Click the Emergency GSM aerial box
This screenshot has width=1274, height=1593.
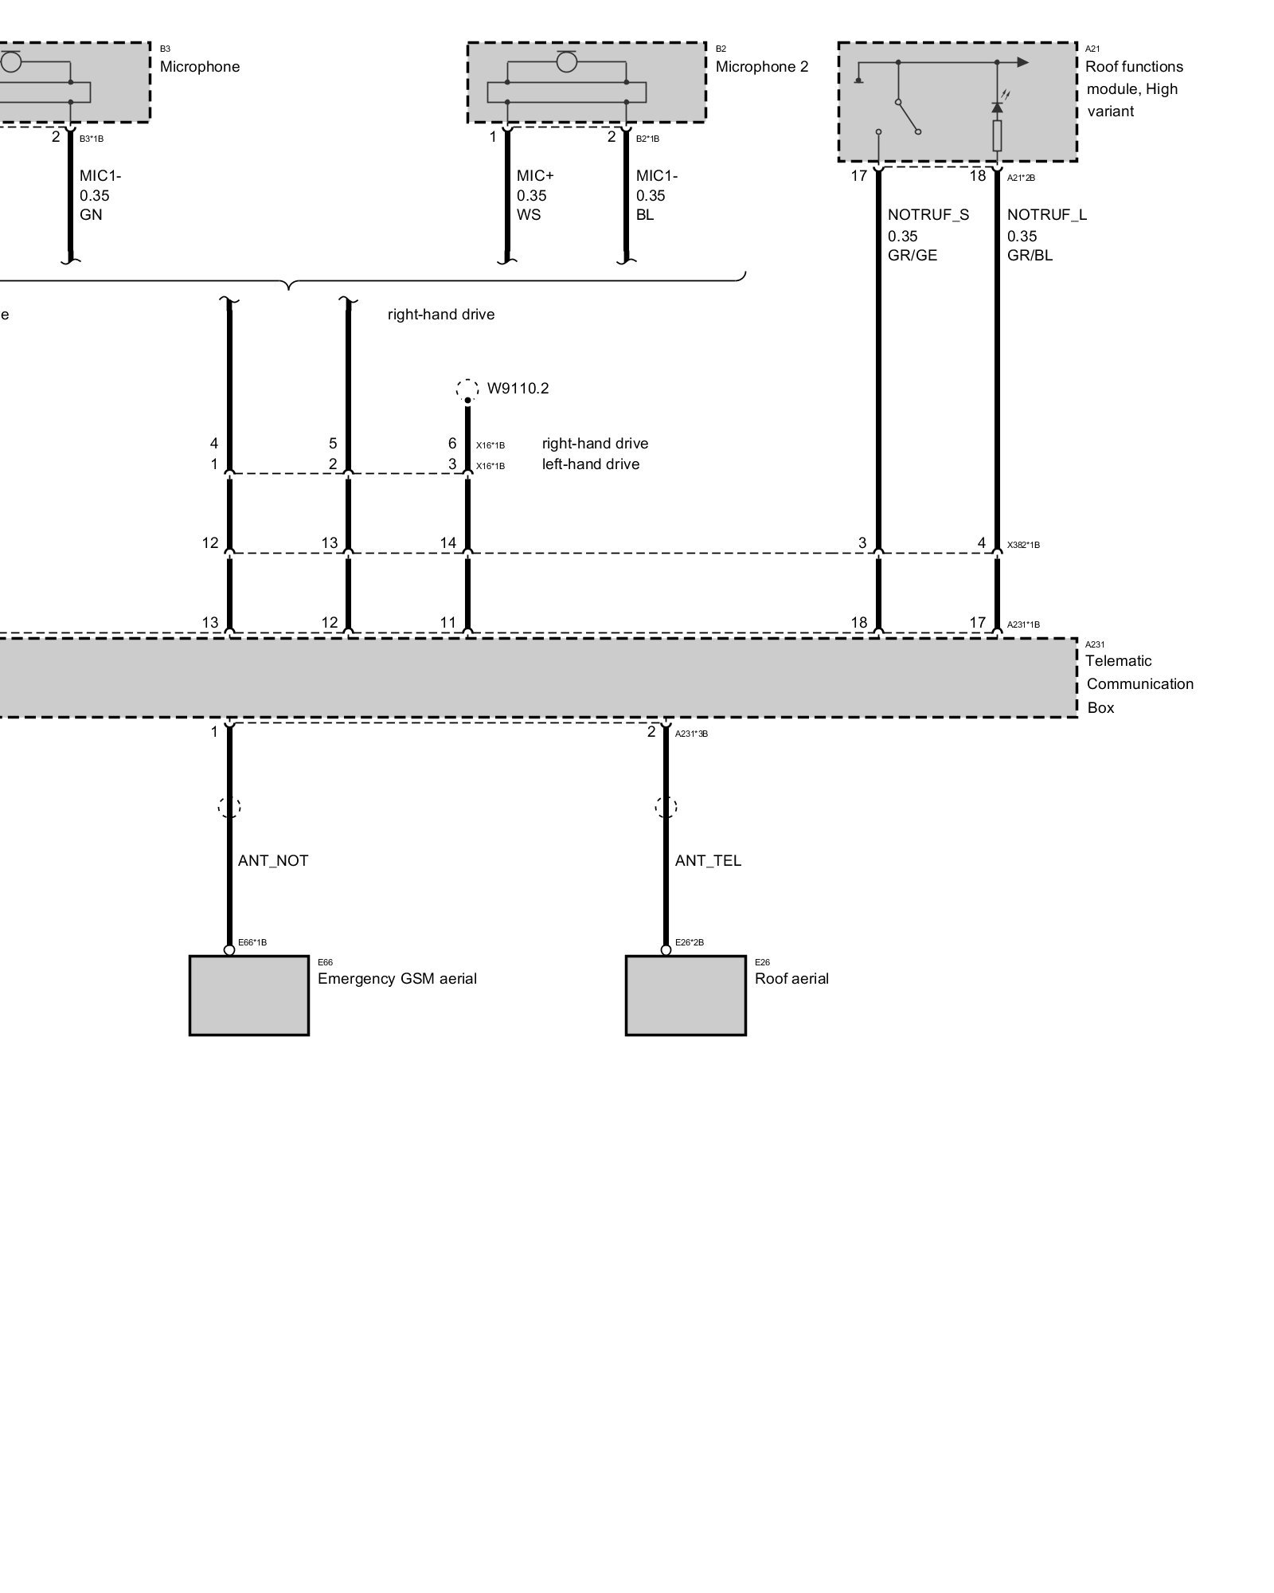248,995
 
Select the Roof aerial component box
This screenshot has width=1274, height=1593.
686,995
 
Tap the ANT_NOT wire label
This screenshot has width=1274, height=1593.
273,860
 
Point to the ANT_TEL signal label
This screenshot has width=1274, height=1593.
708,860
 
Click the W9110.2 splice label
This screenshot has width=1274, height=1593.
518,389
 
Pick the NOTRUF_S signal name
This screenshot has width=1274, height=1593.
928,214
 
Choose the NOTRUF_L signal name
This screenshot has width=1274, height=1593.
1046,214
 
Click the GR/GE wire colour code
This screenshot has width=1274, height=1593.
913,256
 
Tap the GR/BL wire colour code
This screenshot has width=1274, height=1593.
1030,256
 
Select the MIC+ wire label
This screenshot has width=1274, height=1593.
534,175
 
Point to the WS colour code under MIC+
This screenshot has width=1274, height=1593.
529,215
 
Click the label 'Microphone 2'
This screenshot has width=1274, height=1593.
761,67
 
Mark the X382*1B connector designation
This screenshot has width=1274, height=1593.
1023,546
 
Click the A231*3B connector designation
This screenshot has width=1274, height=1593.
691,734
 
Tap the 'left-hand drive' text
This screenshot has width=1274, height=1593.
591,464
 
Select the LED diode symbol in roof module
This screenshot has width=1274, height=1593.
997,106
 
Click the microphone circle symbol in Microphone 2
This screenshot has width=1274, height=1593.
566,61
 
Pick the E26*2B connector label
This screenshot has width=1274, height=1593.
689,943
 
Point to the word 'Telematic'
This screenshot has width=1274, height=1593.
1118,661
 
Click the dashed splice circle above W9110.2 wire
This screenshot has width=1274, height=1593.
467,389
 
